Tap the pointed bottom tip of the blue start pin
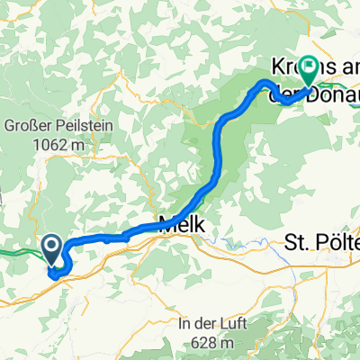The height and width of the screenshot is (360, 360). click(x=53, y=267)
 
